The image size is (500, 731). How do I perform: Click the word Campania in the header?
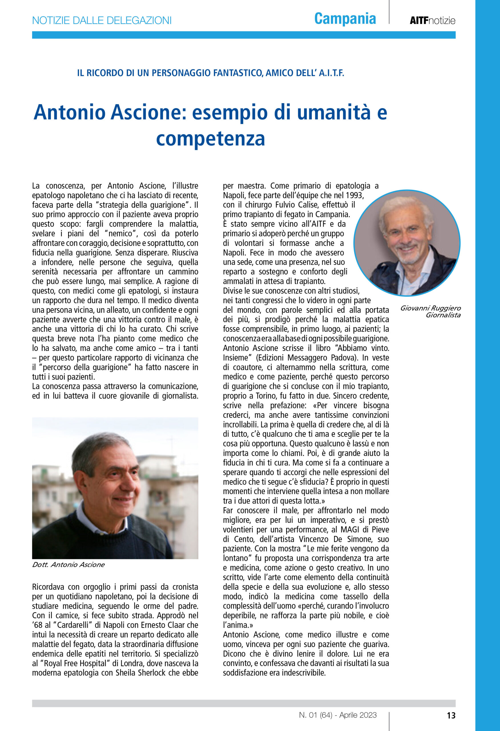tap(345, 19)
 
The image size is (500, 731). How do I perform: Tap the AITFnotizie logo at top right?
tap(432, 21)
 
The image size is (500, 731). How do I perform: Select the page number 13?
tap(451, 715)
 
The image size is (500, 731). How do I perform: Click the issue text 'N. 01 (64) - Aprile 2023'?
tap(338, 715)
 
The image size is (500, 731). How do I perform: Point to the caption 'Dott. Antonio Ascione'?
tap(68, 565)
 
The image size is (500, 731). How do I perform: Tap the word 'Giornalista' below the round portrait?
tap(443, 315)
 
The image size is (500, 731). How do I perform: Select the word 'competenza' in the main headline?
tap(210, 138)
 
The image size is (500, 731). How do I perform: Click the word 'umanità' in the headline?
tap(334, 112)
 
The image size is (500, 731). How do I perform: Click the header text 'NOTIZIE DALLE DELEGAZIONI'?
tap(102, 21)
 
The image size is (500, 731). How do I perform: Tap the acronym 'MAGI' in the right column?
tap(350, 529)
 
